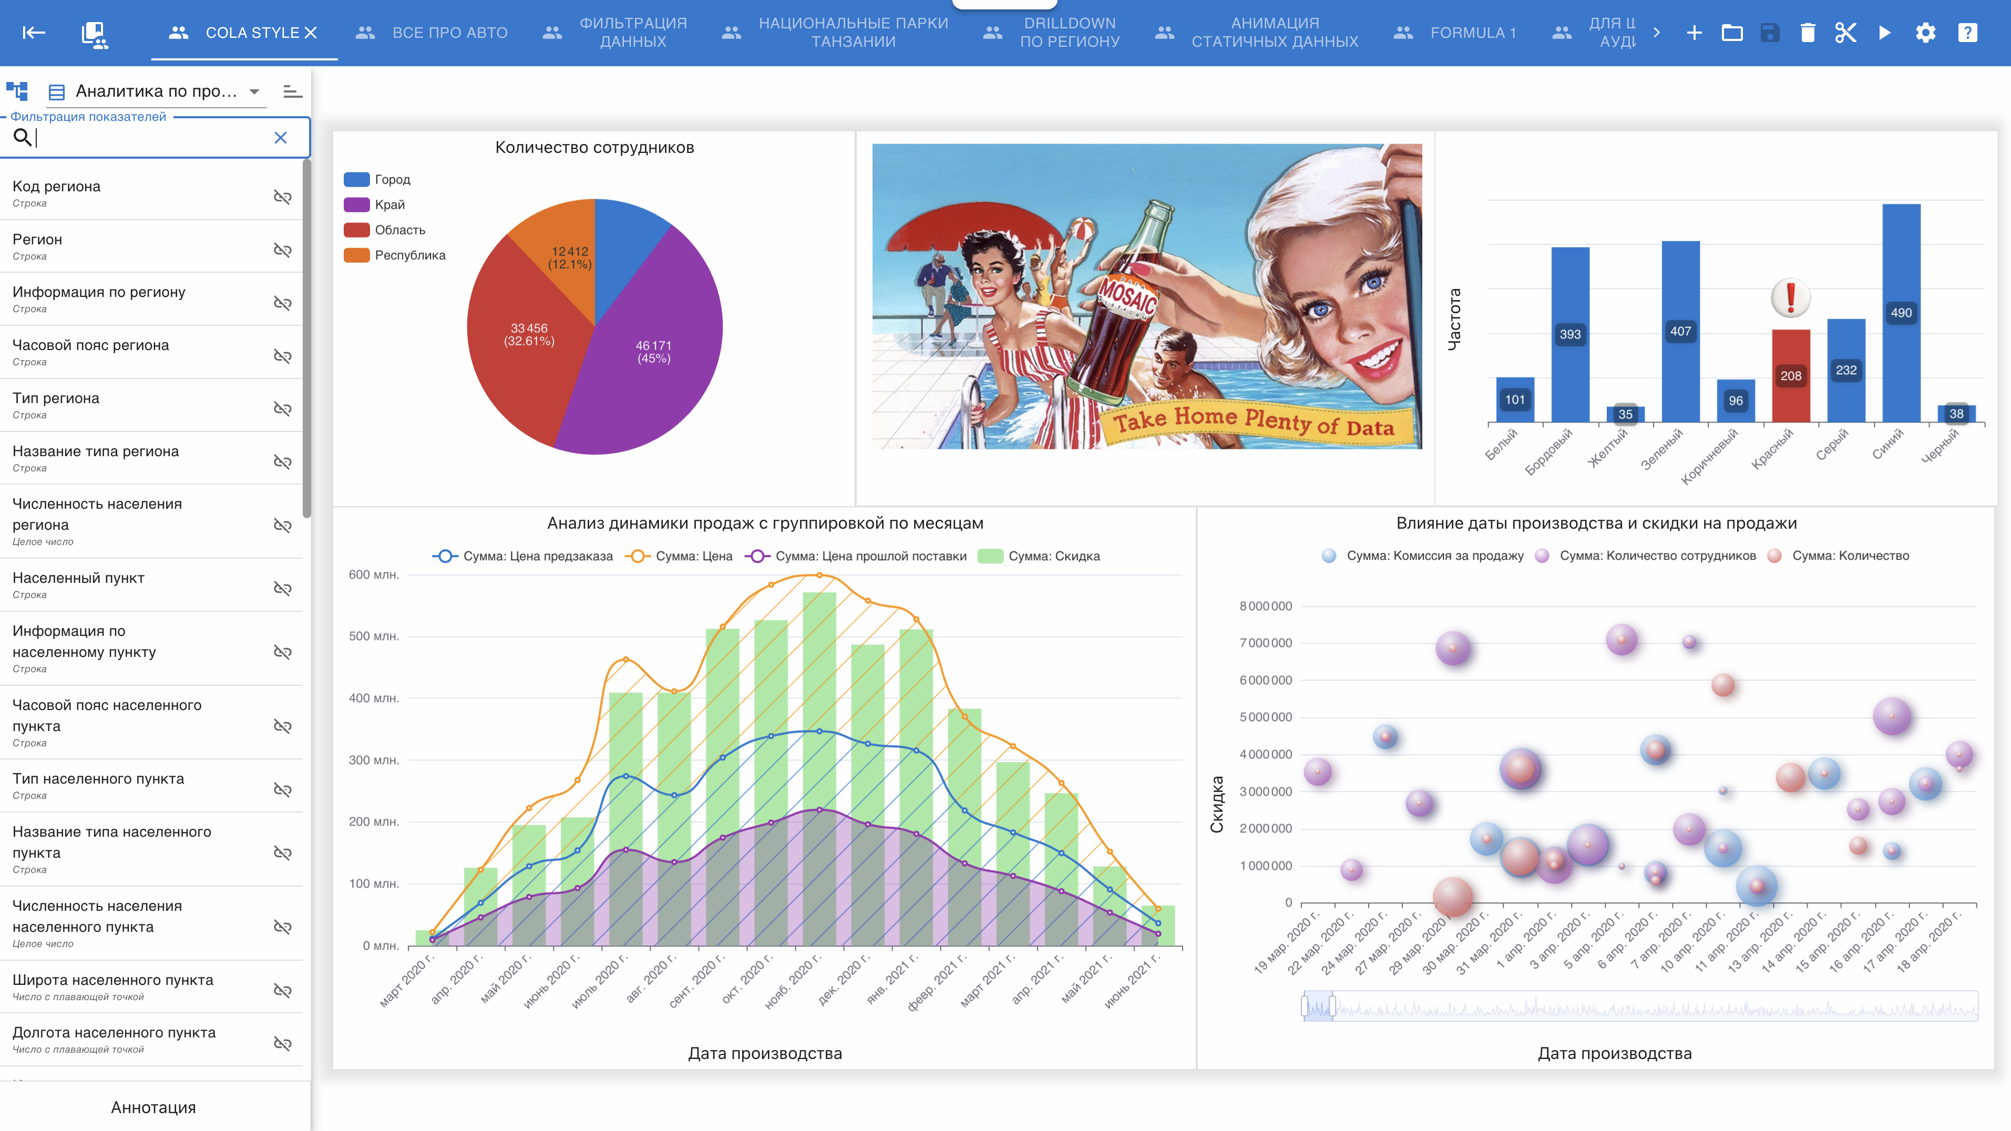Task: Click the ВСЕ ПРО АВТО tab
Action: [432, 33]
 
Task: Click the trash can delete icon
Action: [1807, 33]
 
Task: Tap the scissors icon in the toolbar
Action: [1845, 33]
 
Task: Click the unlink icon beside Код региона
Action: [283, 197]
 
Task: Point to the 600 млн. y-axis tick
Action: [374, 574]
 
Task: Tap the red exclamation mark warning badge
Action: [1791, 297]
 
